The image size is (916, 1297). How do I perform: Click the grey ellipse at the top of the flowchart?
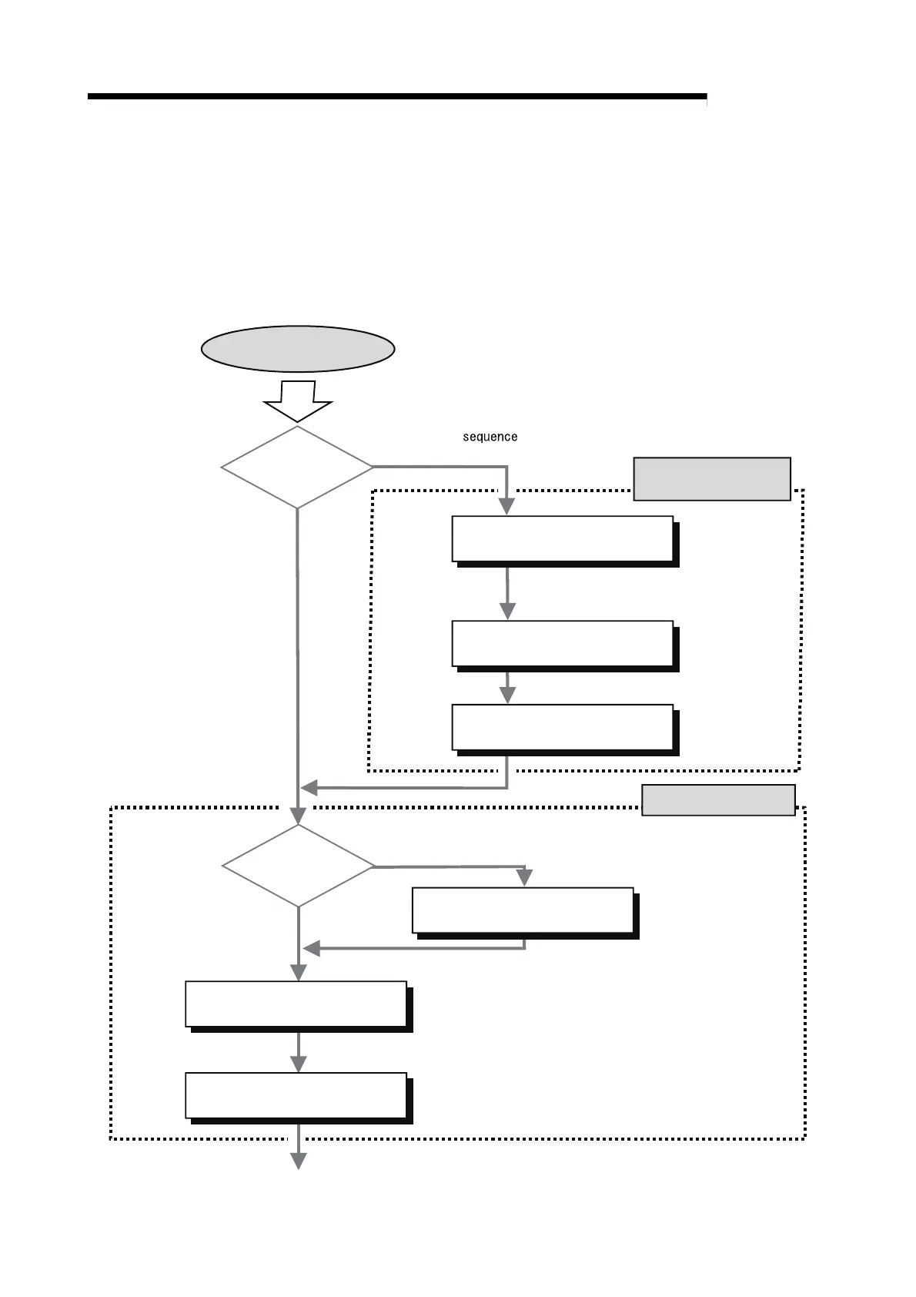tap(298, 349)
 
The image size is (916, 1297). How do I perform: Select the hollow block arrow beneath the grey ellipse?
tap(298, 401)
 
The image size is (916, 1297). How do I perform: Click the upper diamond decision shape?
tap(297, 467)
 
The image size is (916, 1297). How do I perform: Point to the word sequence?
tap(490, 437)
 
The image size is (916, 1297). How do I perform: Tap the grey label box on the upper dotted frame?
tap(712, 479)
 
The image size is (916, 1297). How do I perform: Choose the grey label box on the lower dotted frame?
tap(718, 799)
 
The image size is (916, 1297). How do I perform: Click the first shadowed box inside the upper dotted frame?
tap(563, 539)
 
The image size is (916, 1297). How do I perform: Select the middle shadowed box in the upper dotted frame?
tap(563, 643)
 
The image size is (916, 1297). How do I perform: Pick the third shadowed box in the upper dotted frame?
tap(563, 727)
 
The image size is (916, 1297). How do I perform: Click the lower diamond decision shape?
tap(298, 866)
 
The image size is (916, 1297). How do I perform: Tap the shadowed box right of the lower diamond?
tap(523, 910)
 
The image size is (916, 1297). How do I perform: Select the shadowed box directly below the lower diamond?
tap(296, 1004)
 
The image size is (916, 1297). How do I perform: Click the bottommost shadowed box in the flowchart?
tap(296, 1095)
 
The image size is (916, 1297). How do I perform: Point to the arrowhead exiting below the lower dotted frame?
tap(298, 1161)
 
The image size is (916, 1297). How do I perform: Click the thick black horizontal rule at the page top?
tap(397, 97)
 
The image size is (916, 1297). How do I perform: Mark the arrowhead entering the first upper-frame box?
tap(506, 506)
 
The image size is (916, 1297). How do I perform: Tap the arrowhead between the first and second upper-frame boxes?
tap(506, 611)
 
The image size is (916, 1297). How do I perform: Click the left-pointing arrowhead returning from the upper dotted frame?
tap(309, 788)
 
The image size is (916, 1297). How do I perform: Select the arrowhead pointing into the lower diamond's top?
tap(298, 816)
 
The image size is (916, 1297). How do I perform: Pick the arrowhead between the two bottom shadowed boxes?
tap(298, 1064)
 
